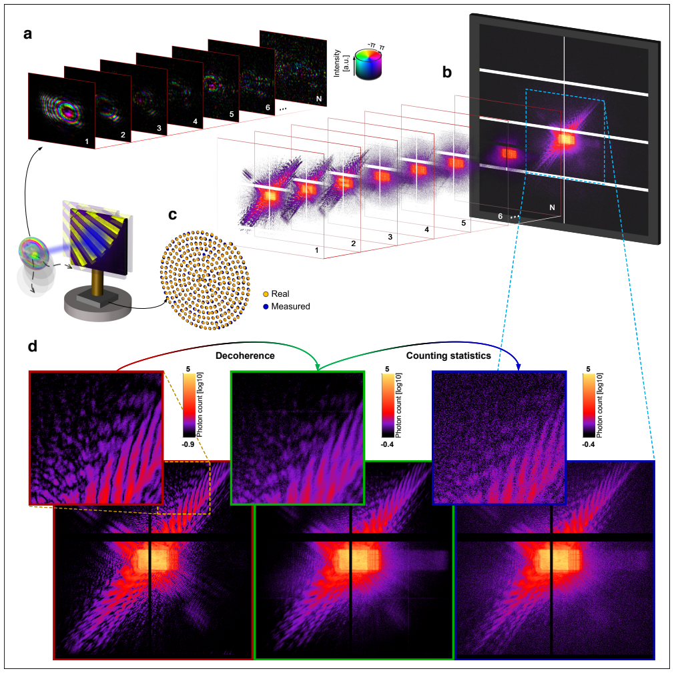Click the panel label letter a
coord(27,33)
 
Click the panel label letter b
coord(447,72)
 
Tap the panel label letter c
coord(172,215)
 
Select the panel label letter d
coord(33,346)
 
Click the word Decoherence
coord(245,356)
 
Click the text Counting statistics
coord(448,356)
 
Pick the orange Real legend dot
coord(266,294)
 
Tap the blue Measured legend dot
coord(266,307)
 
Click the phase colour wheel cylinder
coord(368,65)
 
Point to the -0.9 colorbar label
coord(188,444)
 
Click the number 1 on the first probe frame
coord(87,141)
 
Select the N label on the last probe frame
coord(319,99)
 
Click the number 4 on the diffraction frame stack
coord(427,230)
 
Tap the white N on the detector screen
coord(553,207)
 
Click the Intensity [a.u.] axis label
coord(340,63)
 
